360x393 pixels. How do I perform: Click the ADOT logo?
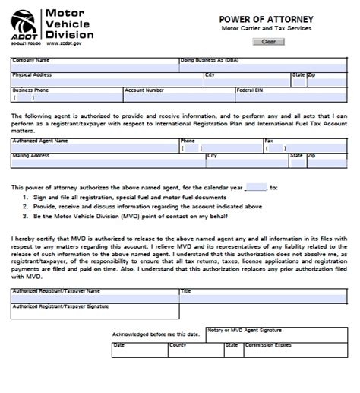[x=22, y=24]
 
